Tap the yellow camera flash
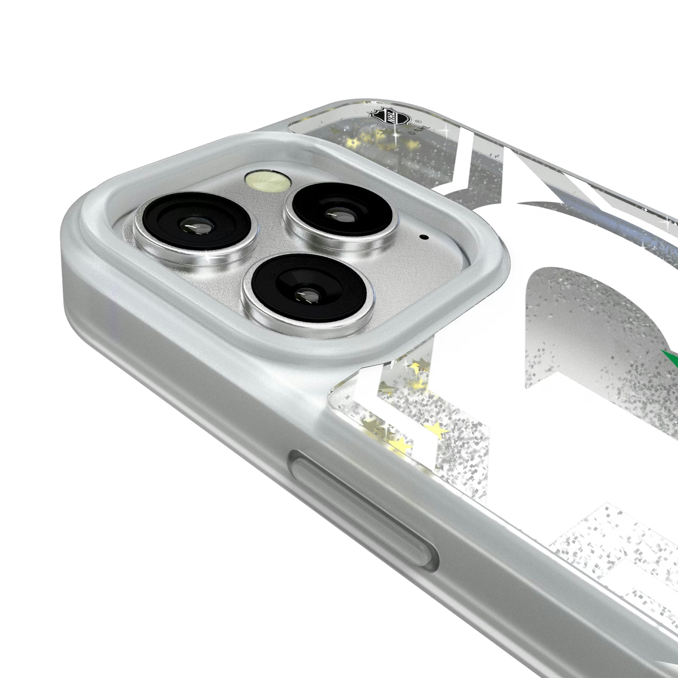269,181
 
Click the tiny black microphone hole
426,237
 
